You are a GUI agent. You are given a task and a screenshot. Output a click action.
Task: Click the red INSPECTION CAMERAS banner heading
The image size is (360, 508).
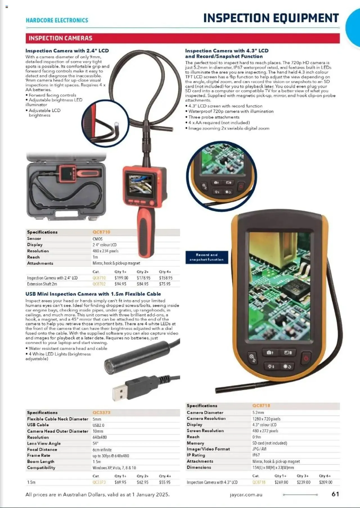coord(60,38)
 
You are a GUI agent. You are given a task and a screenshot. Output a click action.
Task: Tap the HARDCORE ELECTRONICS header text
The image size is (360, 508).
coord(57,20)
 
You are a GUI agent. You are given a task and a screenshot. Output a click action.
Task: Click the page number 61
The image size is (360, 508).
coord(335,494)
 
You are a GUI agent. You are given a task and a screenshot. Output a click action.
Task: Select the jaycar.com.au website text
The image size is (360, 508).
coord(246,495)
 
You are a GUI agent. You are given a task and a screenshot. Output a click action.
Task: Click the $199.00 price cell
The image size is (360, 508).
coord(121,278)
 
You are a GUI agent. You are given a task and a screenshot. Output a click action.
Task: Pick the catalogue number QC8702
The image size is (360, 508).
coord(99,284)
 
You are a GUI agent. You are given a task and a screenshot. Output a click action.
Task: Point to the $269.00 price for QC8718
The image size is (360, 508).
coord(281,482)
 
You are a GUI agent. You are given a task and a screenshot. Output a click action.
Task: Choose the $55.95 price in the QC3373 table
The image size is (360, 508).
coord(165,482)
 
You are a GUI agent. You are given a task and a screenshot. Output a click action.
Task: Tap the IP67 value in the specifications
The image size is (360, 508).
coord(256,455)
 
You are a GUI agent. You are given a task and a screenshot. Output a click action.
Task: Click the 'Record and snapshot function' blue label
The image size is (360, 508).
coord(207,257)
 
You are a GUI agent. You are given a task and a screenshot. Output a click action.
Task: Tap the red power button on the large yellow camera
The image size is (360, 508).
coord(306,358)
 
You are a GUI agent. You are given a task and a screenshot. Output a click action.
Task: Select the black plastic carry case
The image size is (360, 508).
coord(66,187)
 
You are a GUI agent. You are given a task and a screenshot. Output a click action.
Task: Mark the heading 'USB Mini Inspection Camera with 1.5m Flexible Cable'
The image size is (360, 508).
coord(93,294)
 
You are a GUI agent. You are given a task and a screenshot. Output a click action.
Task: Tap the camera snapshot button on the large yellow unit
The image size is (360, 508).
coord(270,353)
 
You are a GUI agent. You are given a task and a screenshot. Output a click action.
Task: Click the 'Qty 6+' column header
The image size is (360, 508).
coord(325,476)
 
